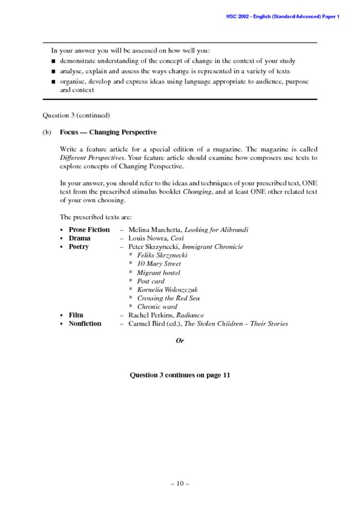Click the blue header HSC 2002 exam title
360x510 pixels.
point(282,16)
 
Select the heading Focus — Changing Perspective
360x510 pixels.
point(108,132)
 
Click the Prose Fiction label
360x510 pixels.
point(89,230)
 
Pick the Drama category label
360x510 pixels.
point(79,238)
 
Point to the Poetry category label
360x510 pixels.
point(79,247)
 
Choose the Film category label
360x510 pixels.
point(76,315)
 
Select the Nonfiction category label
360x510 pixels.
point(85,324)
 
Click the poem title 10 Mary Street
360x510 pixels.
point(159,264)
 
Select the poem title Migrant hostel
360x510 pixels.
point(158,273)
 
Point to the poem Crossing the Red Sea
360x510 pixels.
point(168,298)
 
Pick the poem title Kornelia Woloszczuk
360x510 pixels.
point(167,290)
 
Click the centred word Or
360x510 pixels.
point(179,341)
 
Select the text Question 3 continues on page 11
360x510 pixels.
point(179,375)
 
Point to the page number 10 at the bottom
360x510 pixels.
point(179,484)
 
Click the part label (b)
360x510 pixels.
point(47,132)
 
